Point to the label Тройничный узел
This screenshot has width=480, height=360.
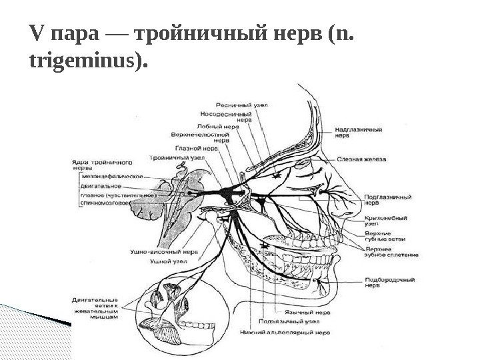pyautogui.click(x=172, y=159)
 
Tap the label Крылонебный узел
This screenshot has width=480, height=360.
pyautogui.click(x=381, y=222)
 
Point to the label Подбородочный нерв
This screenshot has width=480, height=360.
pyautogui.click(x=387, y=283)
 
